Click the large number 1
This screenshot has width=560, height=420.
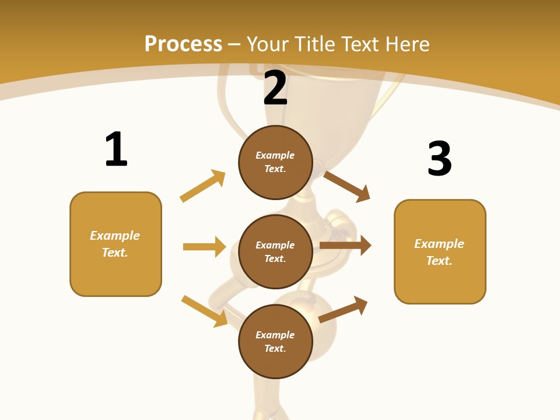click(116, 149)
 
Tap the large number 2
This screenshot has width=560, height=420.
click(275, 88)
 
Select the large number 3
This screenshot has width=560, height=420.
click(439, 159)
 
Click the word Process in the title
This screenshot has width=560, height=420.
click(183, 44)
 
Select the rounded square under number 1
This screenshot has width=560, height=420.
click(116, 244)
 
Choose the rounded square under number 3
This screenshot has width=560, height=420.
click(440, 251)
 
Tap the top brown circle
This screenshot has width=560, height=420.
click(275, 162)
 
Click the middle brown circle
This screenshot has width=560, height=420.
click(275, 252)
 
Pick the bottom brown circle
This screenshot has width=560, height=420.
click(275, 342)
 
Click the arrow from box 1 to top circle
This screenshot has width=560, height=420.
click(202, 185)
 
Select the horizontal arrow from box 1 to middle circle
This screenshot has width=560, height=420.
click(204, 247)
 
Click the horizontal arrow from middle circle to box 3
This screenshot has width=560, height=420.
click(345, 246)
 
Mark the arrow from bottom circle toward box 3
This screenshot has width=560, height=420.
click(343, 310)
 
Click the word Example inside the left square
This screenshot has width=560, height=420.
click(115, 236)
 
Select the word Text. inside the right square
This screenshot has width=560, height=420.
click(439, 261)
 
